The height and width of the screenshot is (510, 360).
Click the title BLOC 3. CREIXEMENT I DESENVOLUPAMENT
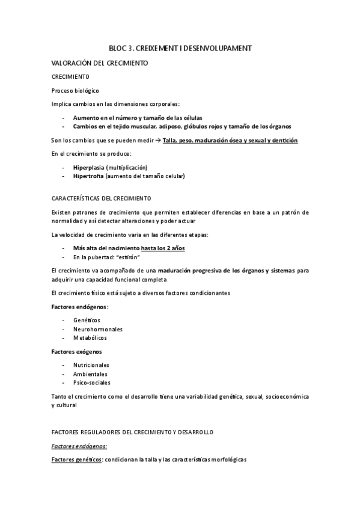pos(180,48)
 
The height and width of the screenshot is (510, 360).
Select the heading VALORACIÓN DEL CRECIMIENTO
pos(99,63)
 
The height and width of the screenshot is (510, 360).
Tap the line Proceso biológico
pos(74,90)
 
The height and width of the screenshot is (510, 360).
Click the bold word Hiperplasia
pos(88,167)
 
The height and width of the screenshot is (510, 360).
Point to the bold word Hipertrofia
pos(88,176)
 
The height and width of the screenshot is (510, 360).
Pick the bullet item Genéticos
pos(87,321)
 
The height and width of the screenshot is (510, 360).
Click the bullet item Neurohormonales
pos(98,330)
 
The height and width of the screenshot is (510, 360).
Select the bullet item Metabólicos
pos(90,339)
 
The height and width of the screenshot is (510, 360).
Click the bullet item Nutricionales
pos(91,365)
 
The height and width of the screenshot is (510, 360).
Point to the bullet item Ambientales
pos(91,374)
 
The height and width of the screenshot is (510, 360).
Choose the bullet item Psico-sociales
pos(92,383)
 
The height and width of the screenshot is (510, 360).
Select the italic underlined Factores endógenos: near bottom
pos(79,446)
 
